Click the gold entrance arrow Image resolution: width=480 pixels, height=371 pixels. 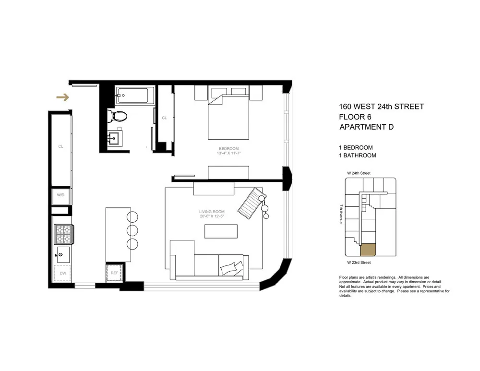[62, 98]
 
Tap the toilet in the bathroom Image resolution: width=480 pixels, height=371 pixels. [117, 116]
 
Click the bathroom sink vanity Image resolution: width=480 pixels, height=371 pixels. [115, 138]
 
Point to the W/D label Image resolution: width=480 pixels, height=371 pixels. [61, 195]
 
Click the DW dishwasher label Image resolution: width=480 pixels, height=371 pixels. [62, 273]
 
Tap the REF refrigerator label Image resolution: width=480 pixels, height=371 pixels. [114, 273]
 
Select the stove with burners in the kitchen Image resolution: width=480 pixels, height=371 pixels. [62, 234]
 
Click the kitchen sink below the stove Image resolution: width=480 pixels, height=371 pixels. [62, 253]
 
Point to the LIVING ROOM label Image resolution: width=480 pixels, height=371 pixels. [212, 212]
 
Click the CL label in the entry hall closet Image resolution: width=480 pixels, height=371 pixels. [61, 146]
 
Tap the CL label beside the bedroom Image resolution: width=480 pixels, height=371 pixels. [164, 118]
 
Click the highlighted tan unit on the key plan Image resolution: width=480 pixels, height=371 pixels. [368, 250]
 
